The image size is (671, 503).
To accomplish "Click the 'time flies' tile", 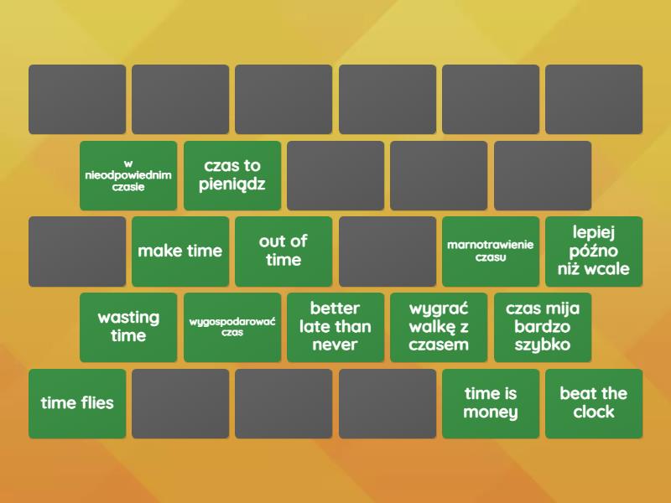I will pos(77,403).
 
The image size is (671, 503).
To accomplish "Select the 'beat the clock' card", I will pos(594,403).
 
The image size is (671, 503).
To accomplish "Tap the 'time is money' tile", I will pos(491,403).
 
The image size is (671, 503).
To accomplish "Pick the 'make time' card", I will pos(180,251).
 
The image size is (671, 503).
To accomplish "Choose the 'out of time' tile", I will pos(283,251).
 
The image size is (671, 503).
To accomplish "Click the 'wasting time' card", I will pos(128,327).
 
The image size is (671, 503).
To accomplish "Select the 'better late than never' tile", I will pos(335,327).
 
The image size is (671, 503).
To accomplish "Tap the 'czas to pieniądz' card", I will pos(232,175).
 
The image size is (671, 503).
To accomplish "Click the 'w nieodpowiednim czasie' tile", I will pos(128,175).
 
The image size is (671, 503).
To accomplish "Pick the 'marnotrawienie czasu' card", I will pos(491,251).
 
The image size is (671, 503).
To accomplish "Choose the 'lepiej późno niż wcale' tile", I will pos(594,251).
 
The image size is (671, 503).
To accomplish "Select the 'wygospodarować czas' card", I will pos(232,327).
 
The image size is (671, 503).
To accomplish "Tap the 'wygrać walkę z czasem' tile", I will pos(439,327).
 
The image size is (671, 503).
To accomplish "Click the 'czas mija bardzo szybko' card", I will pos(543,327).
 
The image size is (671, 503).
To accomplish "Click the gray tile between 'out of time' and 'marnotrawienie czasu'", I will pos(388,251).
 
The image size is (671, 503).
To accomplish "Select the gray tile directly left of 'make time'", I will pos(77,251).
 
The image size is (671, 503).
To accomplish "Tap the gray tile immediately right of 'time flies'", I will pos(180,403).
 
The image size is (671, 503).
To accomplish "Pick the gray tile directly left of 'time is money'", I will pos(388,403).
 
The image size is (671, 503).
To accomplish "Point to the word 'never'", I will pos(335,345).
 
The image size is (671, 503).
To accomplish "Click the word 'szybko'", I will pos(543,345).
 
